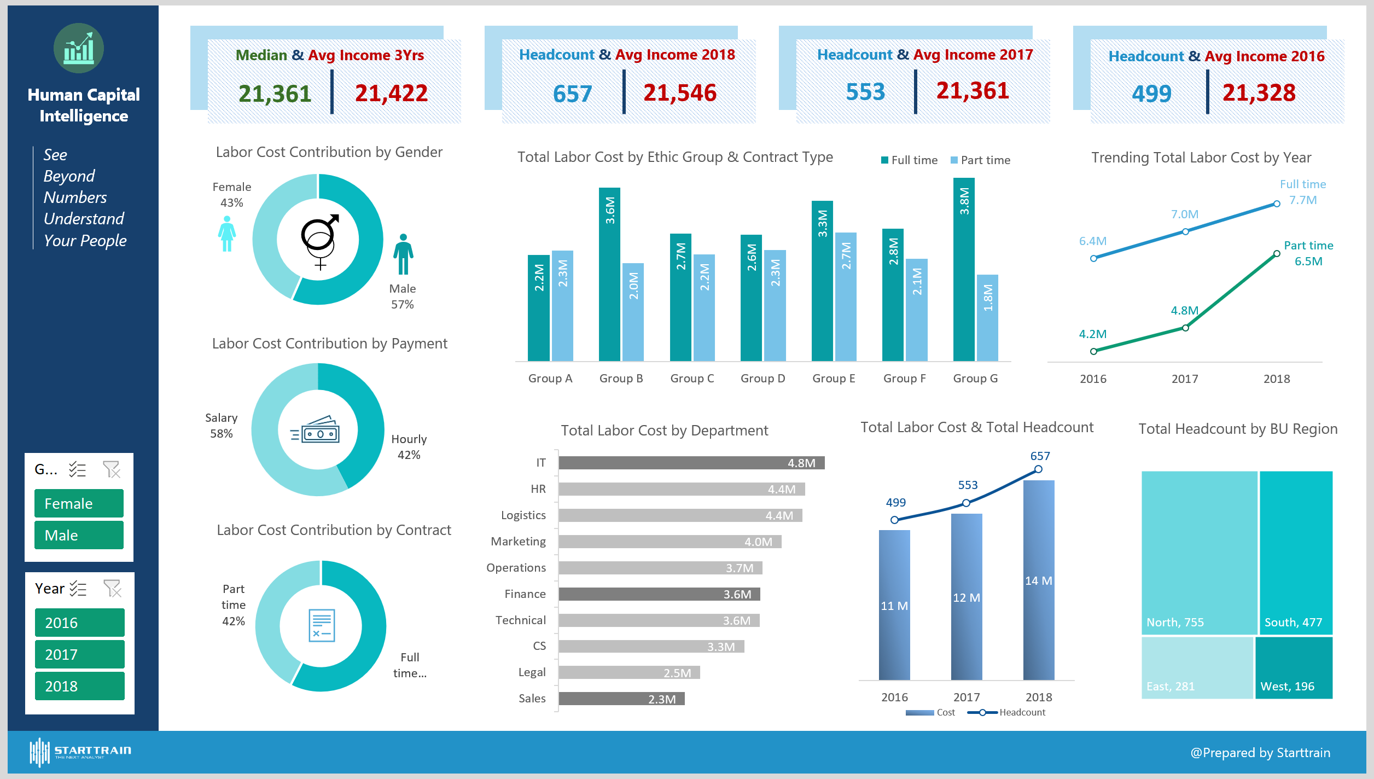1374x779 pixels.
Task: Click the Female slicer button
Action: pyautogui.click(x=79, y=503)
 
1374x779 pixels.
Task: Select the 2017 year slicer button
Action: pyautogui.click(x=79, y=654)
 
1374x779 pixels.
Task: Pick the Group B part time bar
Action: pyautogui.click(x=633, y=312)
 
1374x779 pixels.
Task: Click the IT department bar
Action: pyautogui.click(x=691, y=463)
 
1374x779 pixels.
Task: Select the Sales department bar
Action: pyautogui.click(x=621, y=699)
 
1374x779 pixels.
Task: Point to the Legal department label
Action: pyautogui.click(x=532, y=672)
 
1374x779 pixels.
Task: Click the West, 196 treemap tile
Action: pyautogui.click(x=1294, y=668)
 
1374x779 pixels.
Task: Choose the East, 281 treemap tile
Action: pyautogui.click(x=1197, y=668)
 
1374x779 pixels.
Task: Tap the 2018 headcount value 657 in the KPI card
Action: pyautogui.click(x=572, y=94)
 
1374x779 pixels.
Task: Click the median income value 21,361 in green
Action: pyautogui.click(x=275, y=94)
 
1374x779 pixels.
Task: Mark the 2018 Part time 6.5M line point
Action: pyautogui.click(x=1276, y=254)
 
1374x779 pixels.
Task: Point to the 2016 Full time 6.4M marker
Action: pyautogui.click(x=1093, y=258)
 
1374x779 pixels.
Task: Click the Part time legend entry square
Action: pyautogui.click(x=954, y=160)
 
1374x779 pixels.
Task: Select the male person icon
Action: pyautogui.click(x=403, y=254)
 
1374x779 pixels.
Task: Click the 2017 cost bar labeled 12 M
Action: pyautogui.click(x=966, y=596)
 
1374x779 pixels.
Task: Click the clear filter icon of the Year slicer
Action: pyautogui.click(x=112, y=589)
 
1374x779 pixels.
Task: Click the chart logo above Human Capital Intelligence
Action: pyautogui.click(x=79, y=48)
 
